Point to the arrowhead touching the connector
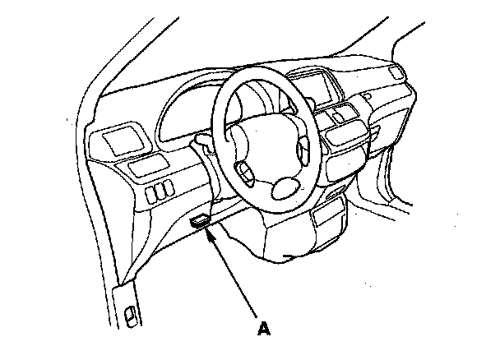point(209,235)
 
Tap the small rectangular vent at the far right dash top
point(396,75)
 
